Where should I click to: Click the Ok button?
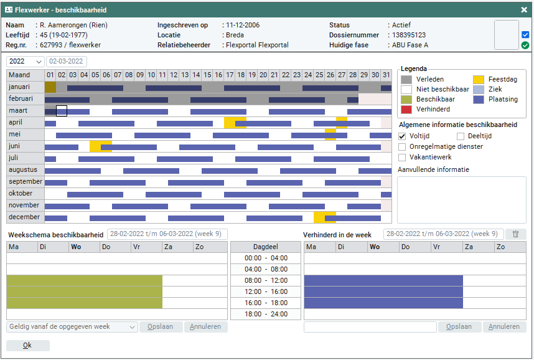point(27,346)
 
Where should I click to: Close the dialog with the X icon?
point(524,9)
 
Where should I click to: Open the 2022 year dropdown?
point(25,62)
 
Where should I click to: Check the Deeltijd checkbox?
point(461,136)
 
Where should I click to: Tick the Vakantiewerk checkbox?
point(402,158)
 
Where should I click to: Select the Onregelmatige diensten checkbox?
point(402,147)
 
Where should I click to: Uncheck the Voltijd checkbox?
point(402,136)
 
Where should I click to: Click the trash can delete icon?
point(515,234)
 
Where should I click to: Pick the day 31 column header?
point(386,75)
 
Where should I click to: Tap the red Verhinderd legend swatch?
point(406,110)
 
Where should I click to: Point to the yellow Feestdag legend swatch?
point(478,80)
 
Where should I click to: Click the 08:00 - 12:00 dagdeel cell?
point(266,281)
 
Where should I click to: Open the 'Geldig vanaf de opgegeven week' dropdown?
point(72,327)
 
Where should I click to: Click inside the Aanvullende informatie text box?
point(461,199)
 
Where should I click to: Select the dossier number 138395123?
point(409,35)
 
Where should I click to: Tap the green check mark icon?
point(525,45)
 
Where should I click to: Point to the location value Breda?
point(235,35)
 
